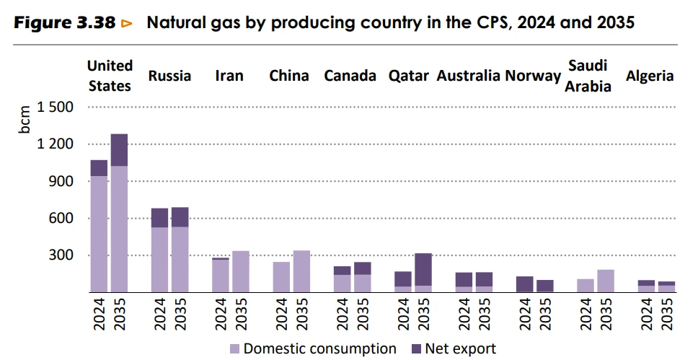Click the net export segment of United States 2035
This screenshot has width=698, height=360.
119,150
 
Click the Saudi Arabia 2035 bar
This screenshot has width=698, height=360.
606,281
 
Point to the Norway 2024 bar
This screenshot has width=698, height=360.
524,284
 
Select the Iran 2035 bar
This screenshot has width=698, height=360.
240,271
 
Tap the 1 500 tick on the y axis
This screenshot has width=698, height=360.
55,107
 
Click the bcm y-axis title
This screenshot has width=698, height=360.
25,120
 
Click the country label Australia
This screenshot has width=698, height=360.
468,76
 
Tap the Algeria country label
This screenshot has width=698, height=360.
650,76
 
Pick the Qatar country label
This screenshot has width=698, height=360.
408,76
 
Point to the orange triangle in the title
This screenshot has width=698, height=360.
127,23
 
